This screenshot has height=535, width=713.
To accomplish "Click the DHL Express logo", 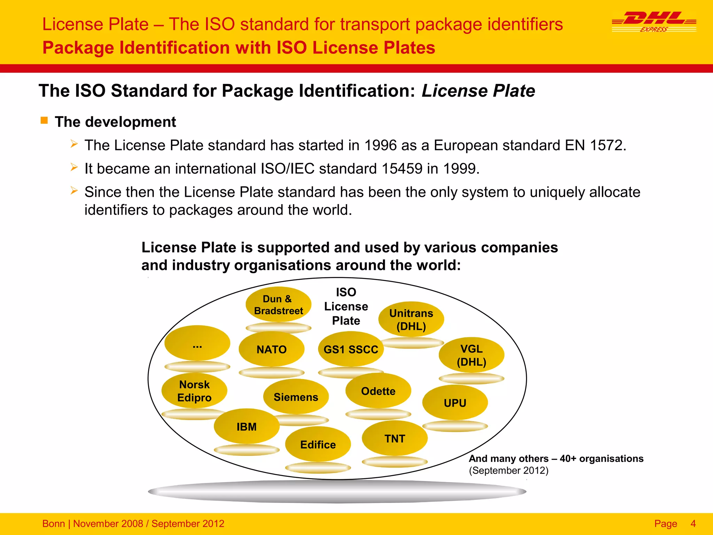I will [x=654, y=22].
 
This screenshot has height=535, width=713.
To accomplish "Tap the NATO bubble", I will [x=272, y=349].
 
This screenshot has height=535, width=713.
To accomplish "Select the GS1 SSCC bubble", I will [x=351, y=349].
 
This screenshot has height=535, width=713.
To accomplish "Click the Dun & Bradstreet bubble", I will [x=278, y=305].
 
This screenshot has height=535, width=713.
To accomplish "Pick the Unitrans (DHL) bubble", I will [x=411, y=319].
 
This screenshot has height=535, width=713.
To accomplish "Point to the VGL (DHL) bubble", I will [x=471, y=355].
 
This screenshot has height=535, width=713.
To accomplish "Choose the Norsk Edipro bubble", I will [x=194, y=391].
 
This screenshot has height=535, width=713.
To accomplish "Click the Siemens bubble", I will [x=296, y=397].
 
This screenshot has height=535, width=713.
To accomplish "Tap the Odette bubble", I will [x=378, y=391].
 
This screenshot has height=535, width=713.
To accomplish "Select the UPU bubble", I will [x=455, y=403].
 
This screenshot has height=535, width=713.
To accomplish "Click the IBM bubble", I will [x=246, y=426].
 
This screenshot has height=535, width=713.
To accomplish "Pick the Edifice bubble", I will [x=318, y=444].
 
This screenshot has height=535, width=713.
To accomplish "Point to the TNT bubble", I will [x=394, y=438].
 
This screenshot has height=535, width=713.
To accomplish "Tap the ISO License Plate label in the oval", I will [x=346, y=306].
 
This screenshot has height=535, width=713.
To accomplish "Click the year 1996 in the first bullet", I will [x=380, y=145].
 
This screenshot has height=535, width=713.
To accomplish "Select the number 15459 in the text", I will [x=402, y=169].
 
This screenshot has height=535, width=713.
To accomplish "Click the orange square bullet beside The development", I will [x=44, y=121].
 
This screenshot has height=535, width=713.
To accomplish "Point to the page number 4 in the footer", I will [x=693, y=524].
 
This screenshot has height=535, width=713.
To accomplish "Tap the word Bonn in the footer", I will [x=54, y=524].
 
